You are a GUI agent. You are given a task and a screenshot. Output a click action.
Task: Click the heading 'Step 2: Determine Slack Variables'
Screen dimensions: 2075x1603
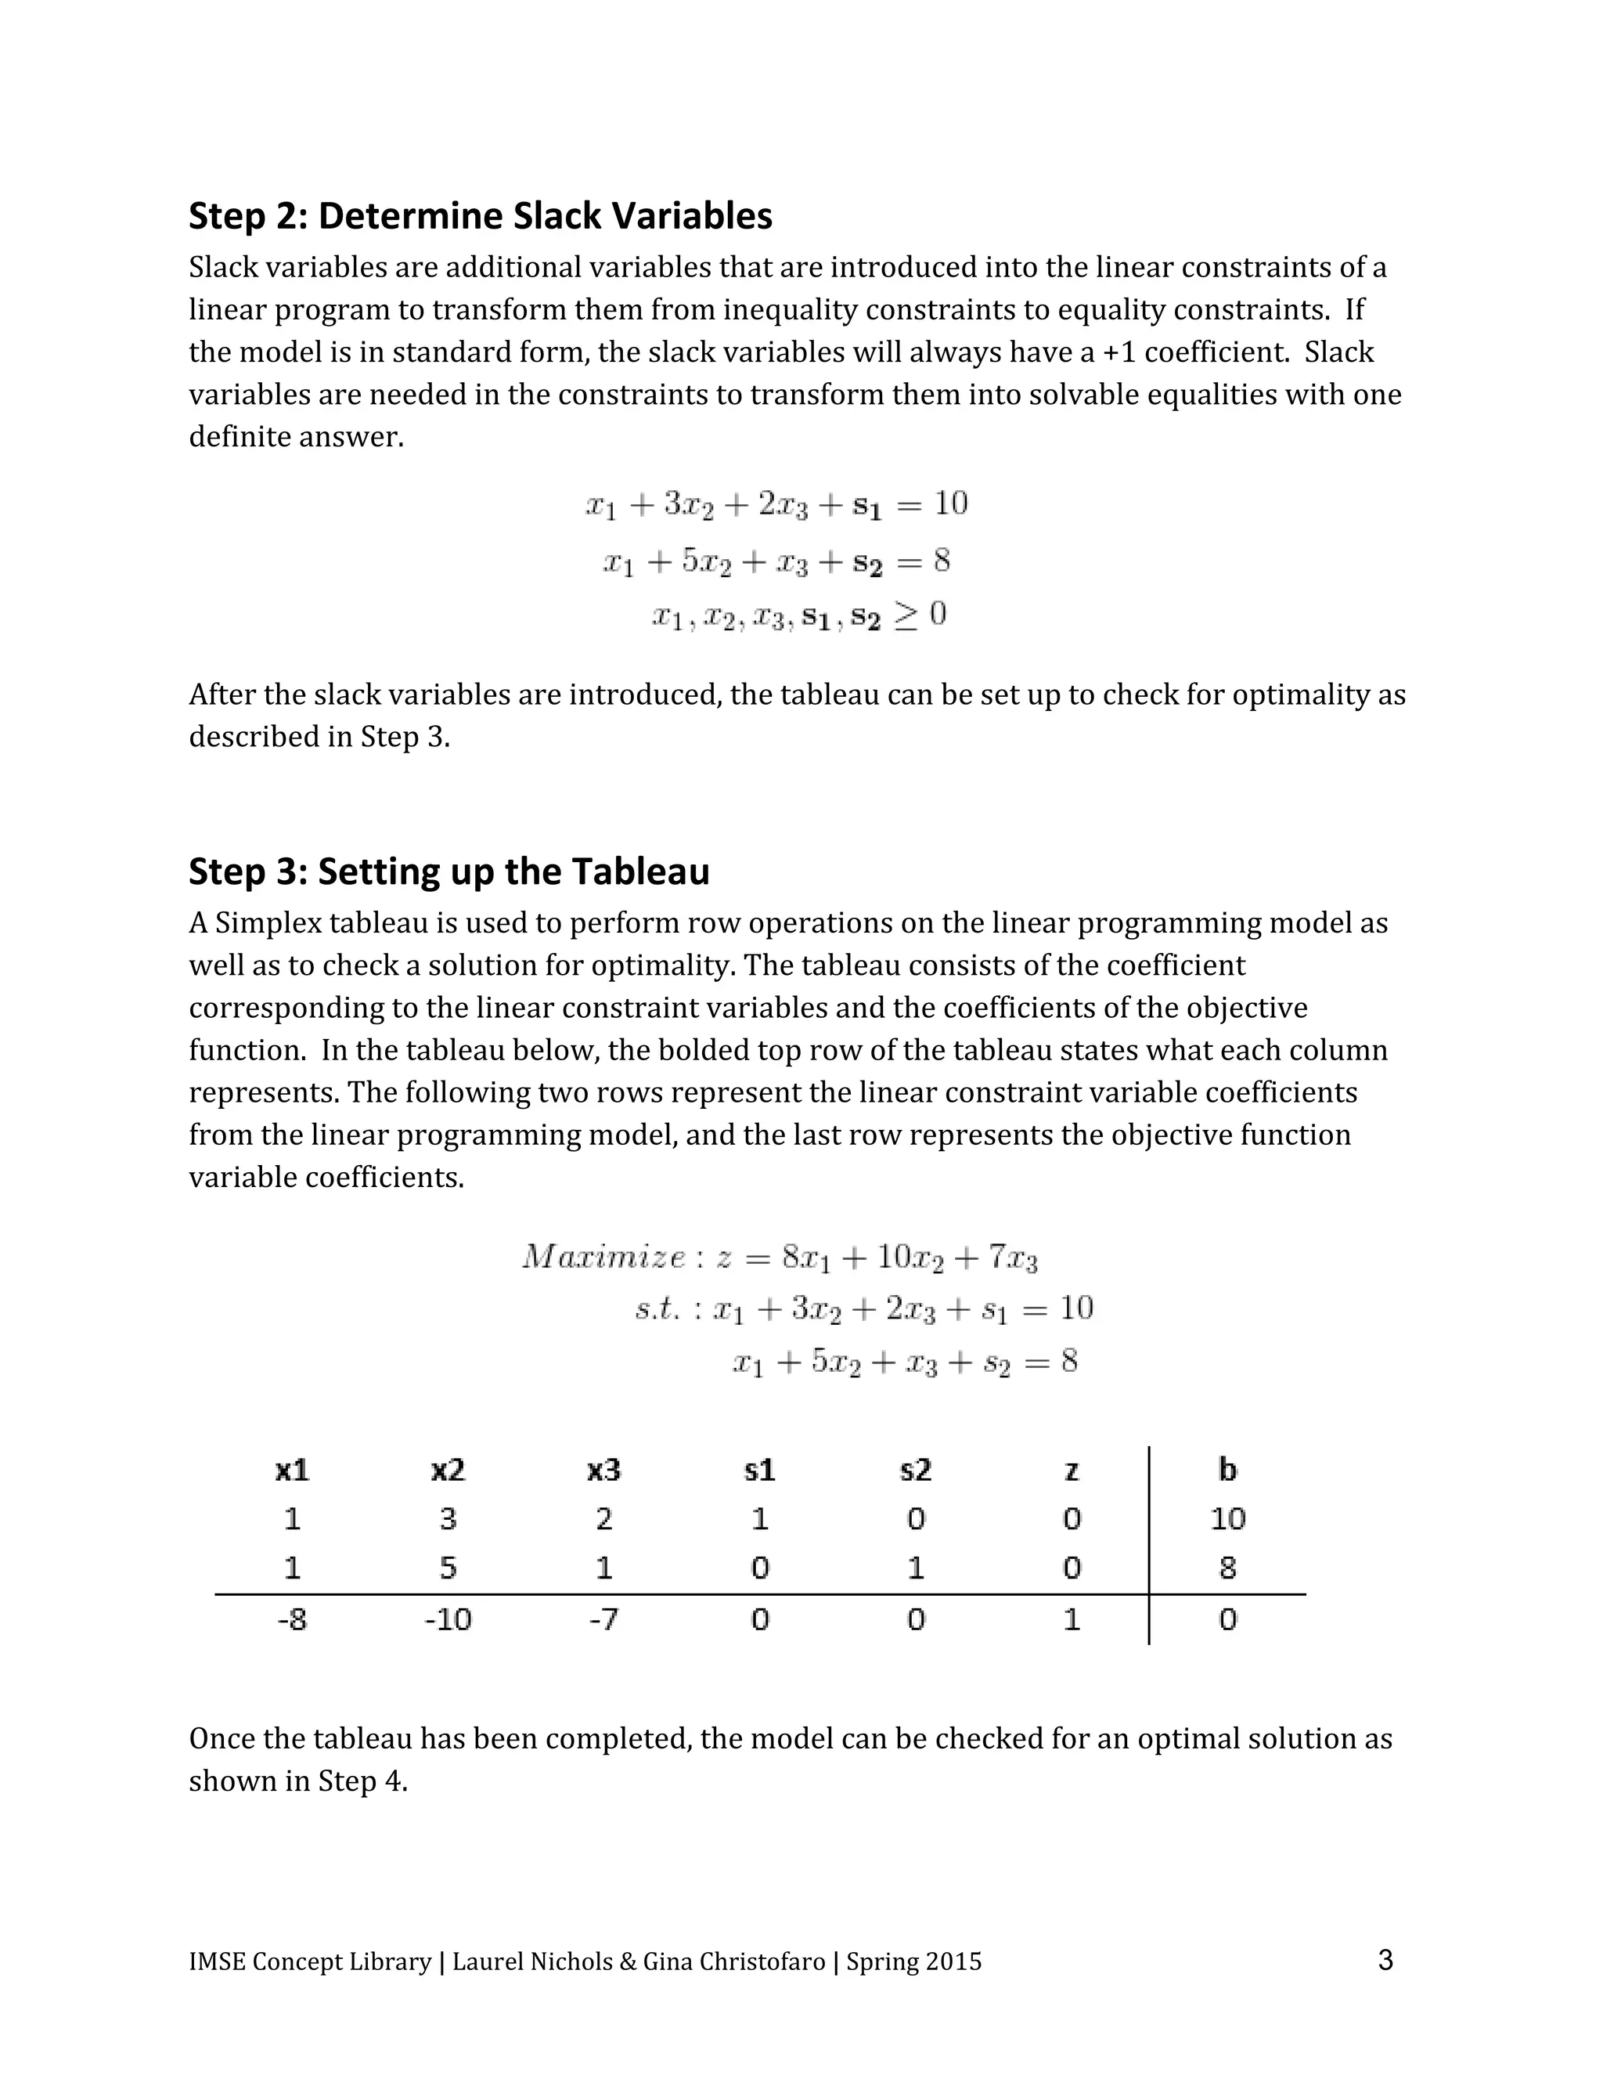point(481,217)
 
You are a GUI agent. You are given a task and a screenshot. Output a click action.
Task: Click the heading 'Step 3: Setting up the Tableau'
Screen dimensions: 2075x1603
point(449,871)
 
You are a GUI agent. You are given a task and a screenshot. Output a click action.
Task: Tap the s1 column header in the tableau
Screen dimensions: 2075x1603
point(760,1471)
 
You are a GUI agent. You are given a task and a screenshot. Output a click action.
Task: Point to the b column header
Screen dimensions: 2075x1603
point(1227,1470)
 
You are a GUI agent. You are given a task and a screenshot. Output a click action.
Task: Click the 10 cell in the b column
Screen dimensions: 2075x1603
point(1227,1519)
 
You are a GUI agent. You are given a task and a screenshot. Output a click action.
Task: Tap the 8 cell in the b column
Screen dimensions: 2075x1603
point(1227,1568)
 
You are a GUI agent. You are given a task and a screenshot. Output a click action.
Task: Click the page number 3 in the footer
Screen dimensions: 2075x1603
point(1385,1960)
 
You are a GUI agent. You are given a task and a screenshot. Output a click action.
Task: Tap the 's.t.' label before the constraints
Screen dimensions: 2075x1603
point(657,1310)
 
